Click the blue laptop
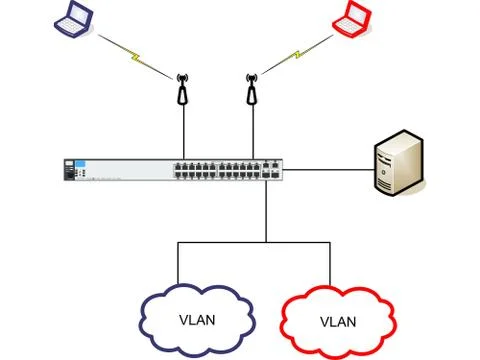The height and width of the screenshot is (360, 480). [x=74, y=18]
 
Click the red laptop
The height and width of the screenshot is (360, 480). [x=352, y=18]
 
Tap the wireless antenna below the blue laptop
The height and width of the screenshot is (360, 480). [x=182, y=89]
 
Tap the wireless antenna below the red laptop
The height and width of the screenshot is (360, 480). [x=252, y=89]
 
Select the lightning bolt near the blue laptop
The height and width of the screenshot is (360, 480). [x=135, y=57]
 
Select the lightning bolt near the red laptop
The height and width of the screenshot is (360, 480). [x=297, y=55]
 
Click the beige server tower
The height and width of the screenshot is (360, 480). [x=399, y=163]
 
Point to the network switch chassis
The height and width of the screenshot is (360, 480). [x=173, y=170]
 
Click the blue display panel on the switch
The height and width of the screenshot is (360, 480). [x=80, y=164]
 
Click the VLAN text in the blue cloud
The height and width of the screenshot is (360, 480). [x=197, y=320]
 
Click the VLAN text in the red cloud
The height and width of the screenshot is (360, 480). [x=338, y=322]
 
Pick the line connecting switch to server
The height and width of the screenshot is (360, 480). [x=329, y=170]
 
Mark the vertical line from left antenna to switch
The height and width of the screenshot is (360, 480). [x=184, y=132]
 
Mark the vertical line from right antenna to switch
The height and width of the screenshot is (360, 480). [x=253, y=132]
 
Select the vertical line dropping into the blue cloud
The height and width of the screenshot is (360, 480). [x=178, y=263]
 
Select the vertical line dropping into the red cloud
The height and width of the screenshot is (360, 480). [x=330, y=264]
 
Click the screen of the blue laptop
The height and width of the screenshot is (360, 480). [x=80, y=13]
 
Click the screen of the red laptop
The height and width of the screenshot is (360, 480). [x=358, y=13]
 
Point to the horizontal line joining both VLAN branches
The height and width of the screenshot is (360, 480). [x=254, y=242]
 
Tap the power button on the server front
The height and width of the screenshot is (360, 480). [x=384, y=172]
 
